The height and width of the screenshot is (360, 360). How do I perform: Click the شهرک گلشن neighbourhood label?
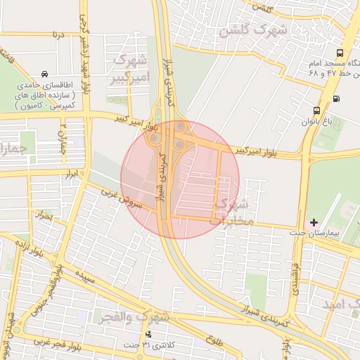[x=253, y=30]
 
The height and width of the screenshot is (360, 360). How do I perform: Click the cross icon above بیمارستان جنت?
[x=314, y=222]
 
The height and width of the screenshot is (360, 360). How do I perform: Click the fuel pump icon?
[x=336, y=98]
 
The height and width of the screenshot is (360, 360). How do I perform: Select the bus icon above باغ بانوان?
[x=316, y=110]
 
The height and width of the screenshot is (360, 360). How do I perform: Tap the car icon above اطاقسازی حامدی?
[x=45, y=74]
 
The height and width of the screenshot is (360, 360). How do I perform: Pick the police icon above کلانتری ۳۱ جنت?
[x=148, y=334]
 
